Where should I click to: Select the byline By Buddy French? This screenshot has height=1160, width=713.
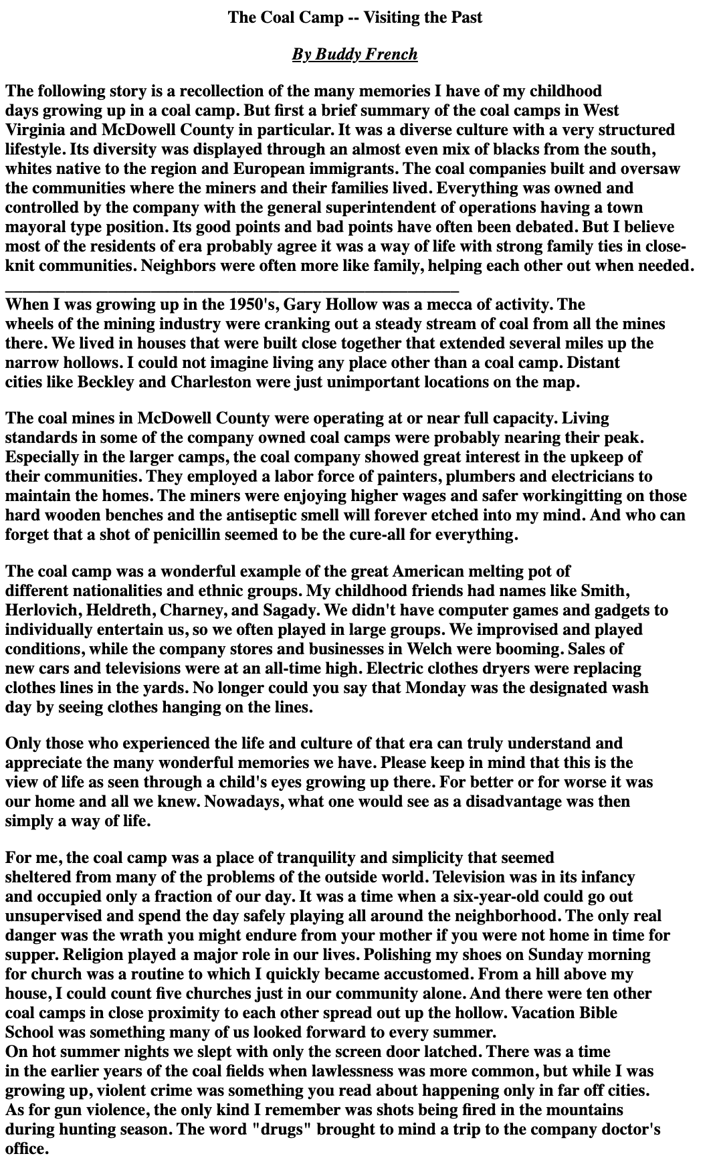pyautogui.click(x=354, y=54)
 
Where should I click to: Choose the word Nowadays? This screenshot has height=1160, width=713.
pyautogui.click(x=243, y=801)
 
